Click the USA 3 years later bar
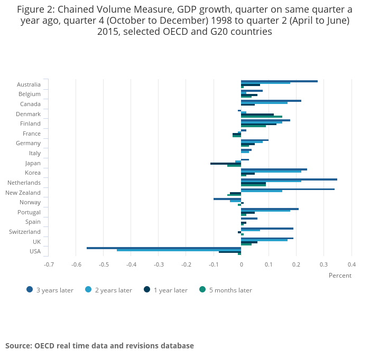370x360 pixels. pos(164,248)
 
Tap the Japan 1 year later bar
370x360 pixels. pos(226,164)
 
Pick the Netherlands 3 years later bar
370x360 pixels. pos(289,179)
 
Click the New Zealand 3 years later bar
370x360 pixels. pos(288,189)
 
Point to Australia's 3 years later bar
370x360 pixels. pos(279,81)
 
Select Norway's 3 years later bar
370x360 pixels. pos(227,199)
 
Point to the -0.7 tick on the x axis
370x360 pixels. pos(49,264)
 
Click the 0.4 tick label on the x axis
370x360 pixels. pos(351,264)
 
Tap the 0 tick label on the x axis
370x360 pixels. pos(241,264)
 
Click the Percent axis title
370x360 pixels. pos(340,276)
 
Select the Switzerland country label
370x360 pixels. pos(25,232)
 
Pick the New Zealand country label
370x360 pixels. pos(23,193)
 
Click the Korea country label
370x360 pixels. pos(33,173)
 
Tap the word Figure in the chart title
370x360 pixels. pos(31,10)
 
